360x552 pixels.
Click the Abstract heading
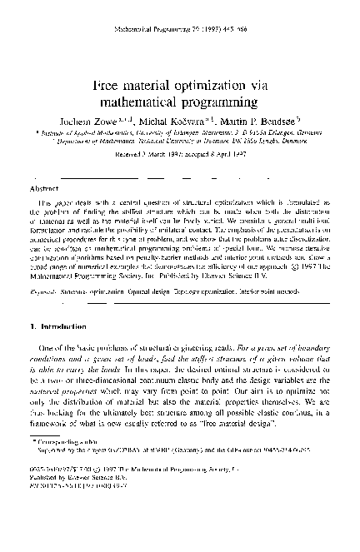[43, 189]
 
